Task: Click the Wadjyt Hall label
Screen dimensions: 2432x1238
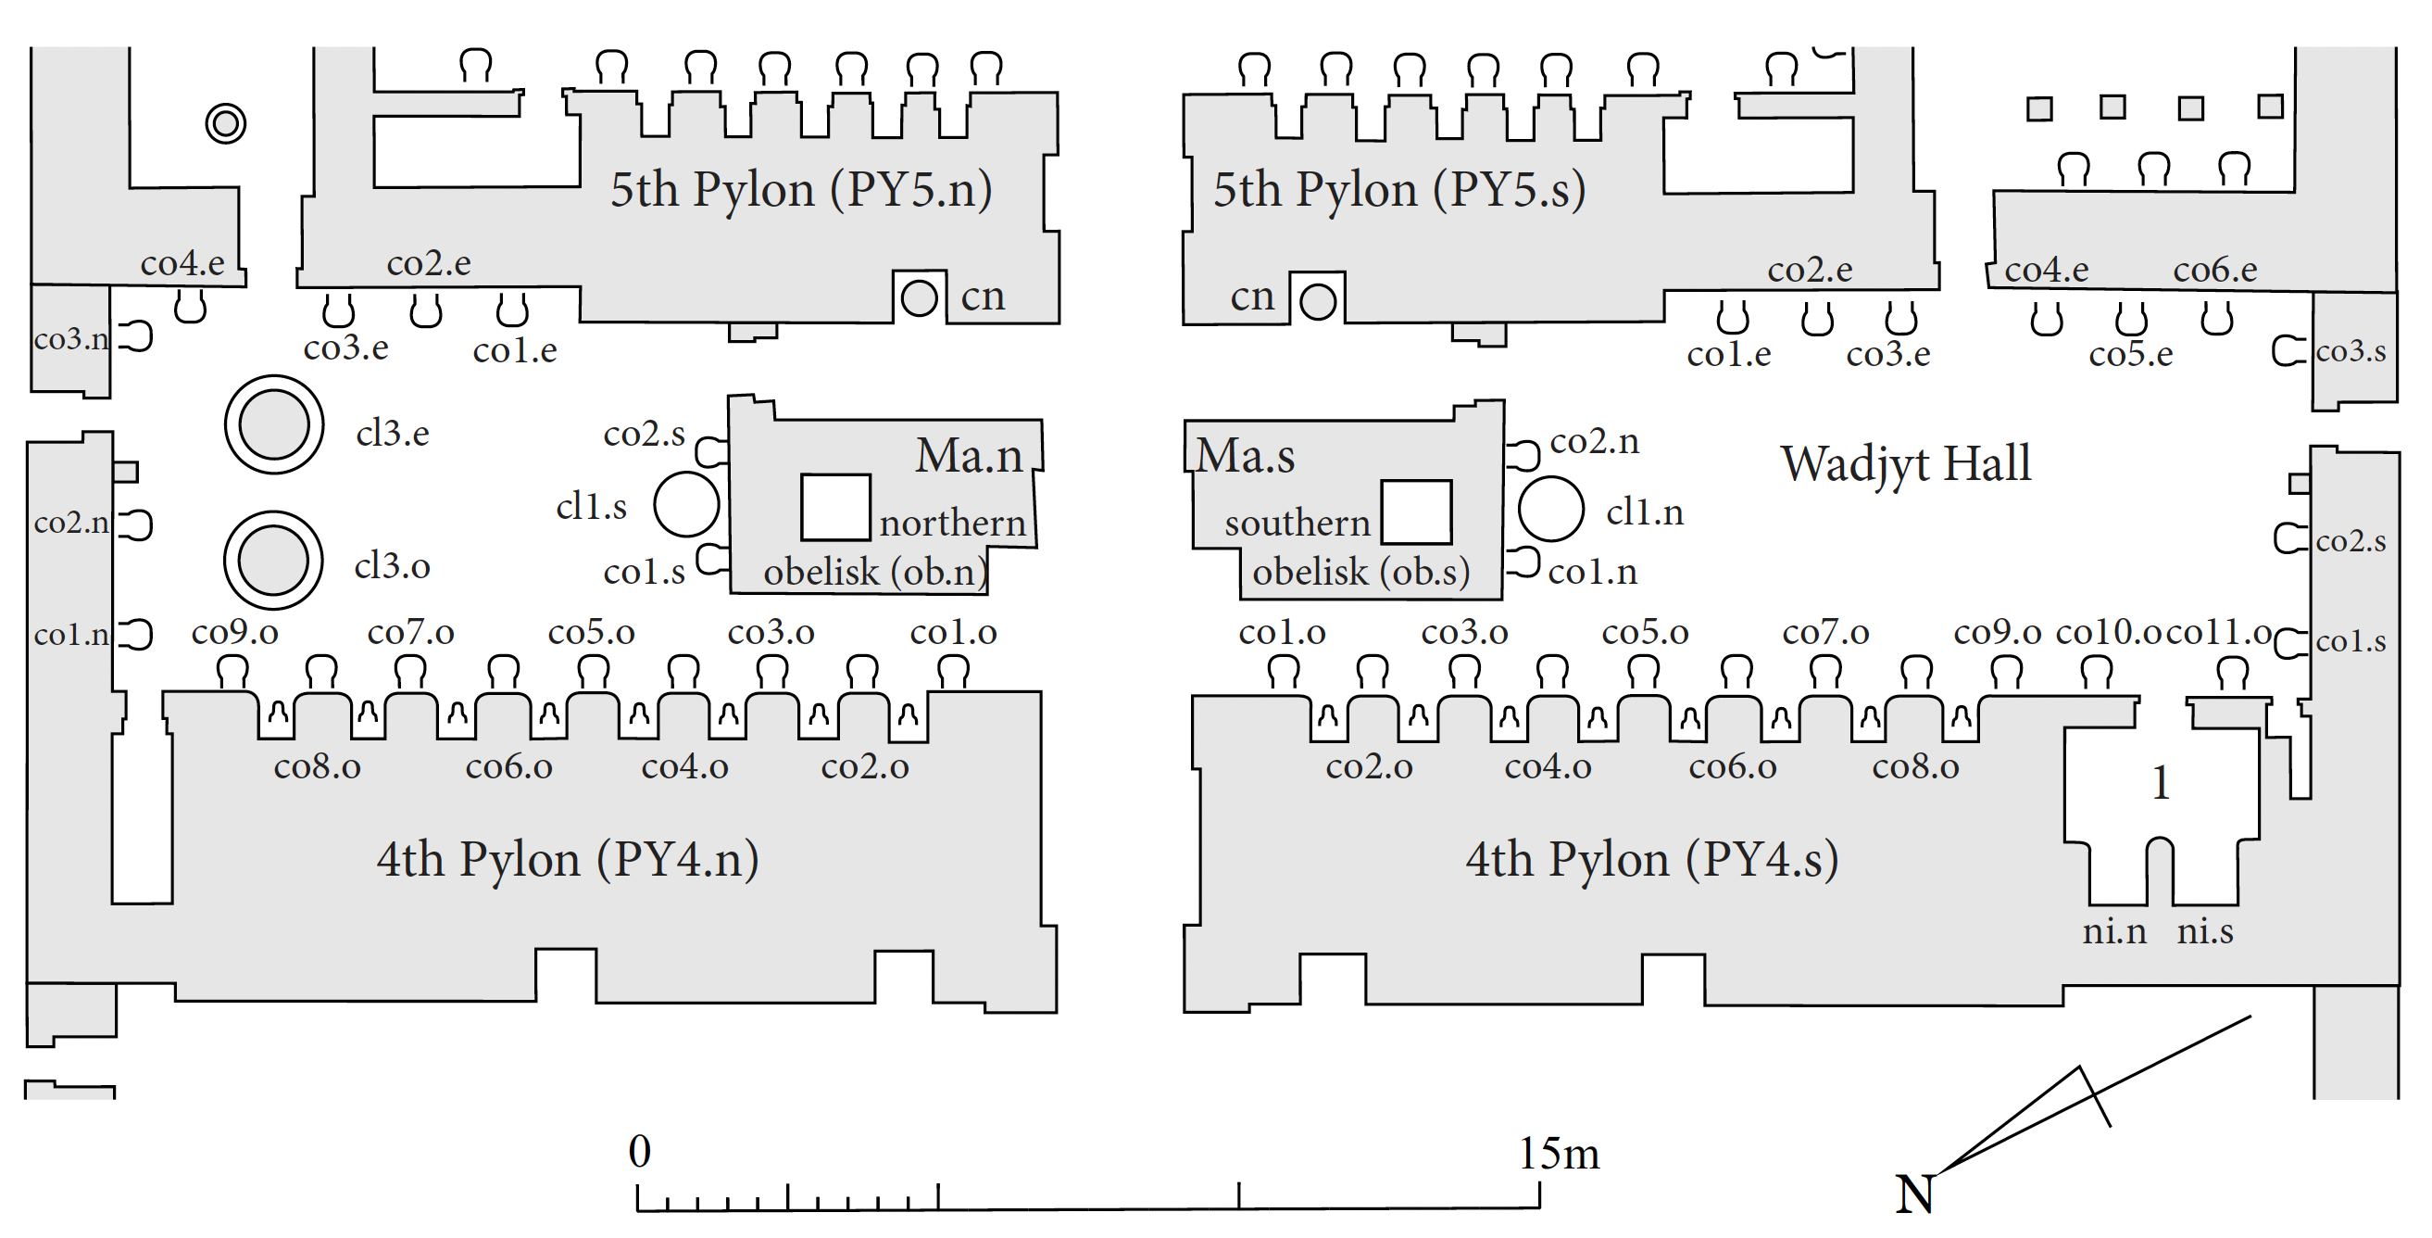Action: pyautogui.click(x=1905, y=464)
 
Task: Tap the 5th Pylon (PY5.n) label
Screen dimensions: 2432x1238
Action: pyautogui.click(x=800, y=190)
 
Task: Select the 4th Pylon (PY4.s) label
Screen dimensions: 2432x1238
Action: pyautogui.click(x=1651, y=860)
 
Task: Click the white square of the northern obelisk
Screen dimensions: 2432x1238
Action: pyautogui.click(x=835, y=507)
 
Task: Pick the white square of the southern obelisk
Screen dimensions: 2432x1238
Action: pyautogui.click(x=1416, y=512)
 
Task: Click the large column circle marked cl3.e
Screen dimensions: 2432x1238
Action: pyautogui.click(x=274, y=425)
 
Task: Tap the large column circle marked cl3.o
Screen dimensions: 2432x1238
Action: pyautogui.click(x=274, y=560)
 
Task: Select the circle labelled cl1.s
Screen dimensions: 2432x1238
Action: pyautogui.click(x=686, y=504)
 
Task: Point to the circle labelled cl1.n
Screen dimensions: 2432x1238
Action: pyautogui.click(x=1550, y=509)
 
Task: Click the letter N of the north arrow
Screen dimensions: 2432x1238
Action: pyautogui.click(x=1914, y=1194)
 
